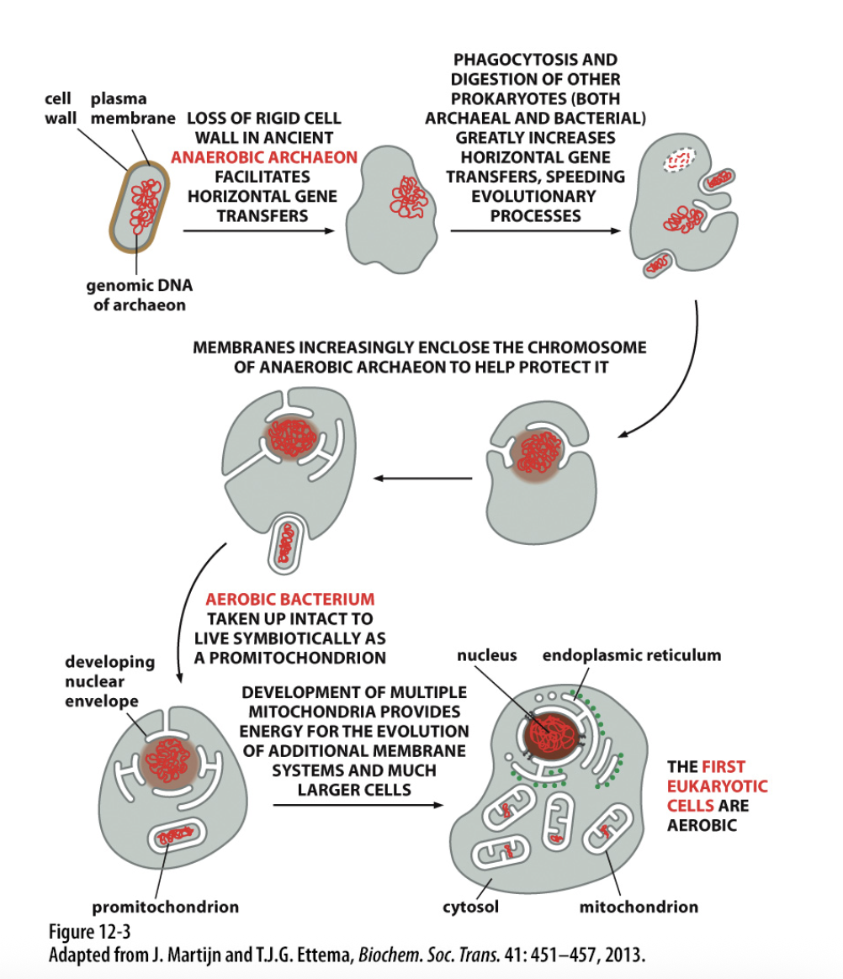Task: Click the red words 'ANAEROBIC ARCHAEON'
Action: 263,157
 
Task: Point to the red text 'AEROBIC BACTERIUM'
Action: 290,600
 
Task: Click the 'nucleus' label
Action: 487,655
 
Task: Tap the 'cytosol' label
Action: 470,907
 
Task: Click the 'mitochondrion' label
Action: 639,907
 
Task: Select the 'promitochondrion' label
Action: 165,907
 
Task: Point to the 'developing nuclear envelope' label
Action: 109,681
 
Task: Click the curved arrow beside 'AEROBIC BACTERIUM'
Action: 192,606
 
